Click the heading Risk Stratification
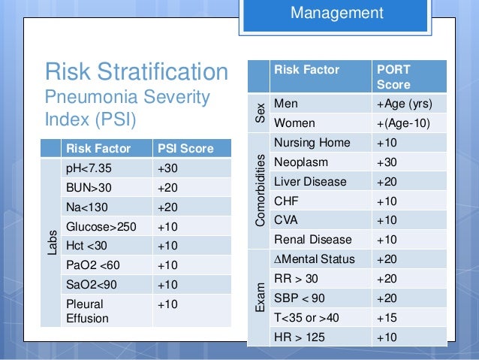pyautogui.click(x=137, y=72)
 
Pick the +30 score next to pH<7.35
pyautogui.click(x=168, y=169)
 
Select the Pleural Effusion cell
pyautogui.click(x=88, y=312)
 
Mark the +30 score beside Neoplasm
pyautogui.click(x=387, y=162)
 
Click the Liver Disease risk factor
pyautogui.click(x=310, y=181)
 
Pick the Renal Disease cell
pyautogui.click(x=313, y=240)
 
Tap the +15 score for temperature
pyautogui.click(x=387, y=317)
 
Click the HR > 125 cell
pyautogui.click(x=300, y=337)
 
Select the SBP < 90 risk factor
pyautogui.click(x=300, y=298)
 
